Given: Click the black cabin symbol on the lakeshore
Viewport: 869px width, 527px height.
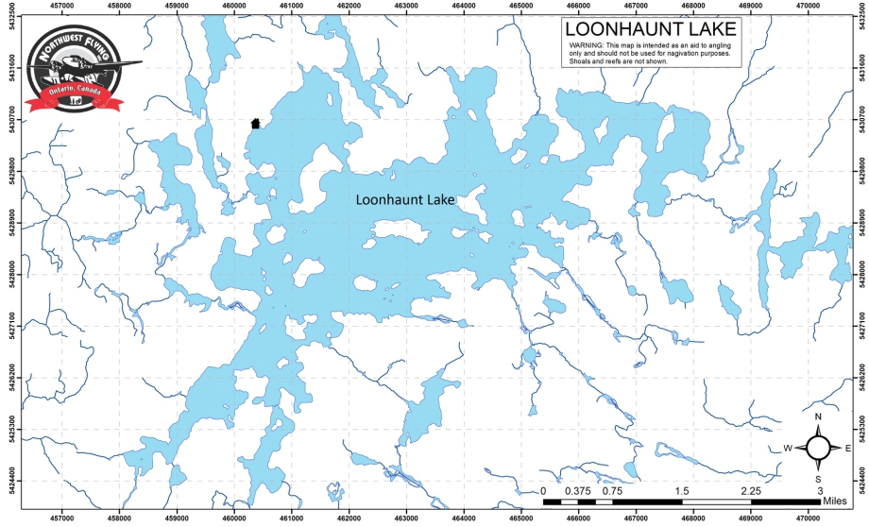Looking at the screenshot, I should click(x=255, y=123).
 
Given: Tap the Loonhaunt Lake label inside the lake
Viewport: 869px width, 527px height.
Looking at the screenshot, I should click(x=405, y=200).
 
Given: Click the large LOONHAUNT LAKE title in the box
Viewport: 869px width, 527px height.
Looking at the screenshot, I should click(x=650, y=30).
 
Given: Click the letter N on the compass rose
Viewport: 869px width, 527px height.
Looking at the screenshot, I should click(x=819, y=417).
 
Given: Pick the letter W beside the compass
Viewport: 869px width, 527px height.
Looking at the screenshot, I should click(x=787, y=449).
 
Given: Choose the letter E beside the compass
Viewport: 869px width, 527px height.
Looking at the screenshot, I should click(x=848, y=449).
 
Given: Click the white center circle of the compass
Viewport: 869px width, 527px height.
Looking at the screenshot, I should click(x=819, y=448).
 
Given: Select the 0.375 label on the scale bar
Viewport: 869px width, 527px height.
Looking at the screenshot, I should click(x=578, y=491).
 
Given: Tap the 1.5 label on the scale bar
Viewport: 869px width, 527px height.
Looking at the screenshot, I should click(x=682, y=491).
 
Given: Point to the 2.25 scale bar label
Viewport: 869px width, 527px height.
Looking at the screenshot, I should click(x=752, y=491).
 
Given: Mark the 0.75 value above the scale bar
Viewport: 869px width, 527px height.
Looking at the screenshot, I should click(x=612, y=491).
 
